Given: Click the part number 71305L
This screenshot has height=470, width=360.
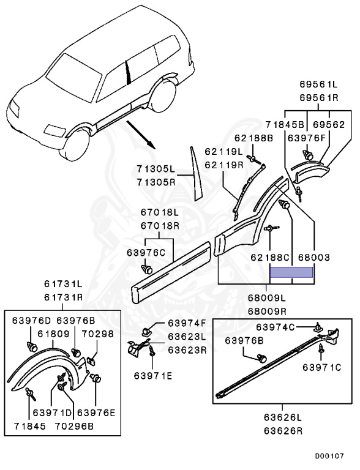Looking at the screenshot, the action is pos(156,169).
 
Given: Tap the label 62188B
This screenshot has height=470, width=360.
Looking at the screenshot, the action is pos(253,138).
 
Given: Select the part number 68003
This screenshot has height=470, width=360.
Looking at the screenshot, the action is pos(314,257).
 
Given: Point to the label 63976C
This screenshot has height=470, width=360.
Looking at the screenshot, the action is pos(146,253).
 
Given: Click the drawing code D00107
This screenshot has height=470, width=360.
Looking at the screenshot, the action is pos(329,456).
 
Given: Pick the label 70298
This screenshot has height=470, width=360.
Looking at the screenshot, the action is pos(97,334).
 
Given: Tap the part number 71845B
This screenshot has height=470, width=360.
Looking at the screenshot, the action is pos(285,124).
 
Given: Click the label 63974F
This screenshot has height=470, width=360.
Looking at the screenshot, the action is pos(187,323).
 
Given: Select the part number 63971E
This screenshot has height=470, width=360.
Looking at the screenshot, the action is pos(153,376).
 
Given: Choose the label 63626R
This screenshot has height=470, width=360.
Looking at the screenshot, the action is pos(283,431).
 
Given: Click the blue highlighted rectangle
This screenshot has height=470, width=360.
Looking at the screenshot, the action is pos(291,272).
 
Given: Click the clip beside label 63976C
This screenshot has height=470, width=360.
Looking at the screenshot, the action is pos(147,269).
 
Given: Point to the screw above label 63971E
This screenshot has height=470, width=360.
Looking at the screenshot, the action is pos(152,351).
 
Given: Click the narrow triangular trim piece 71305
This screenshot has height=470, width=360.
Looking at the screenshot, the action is pos(195,174).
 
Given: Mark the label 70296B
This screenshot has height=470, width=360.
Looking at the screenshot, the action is pos(74,426).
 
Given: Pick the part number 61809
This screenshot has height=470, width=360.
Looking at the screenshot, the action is pos(53,334).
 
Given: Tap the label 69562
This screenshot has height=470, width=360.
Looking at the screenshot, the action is pos(329,124).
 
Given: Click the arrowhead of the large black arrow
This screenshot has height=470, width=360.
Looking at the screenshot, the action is pos(152,145).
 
